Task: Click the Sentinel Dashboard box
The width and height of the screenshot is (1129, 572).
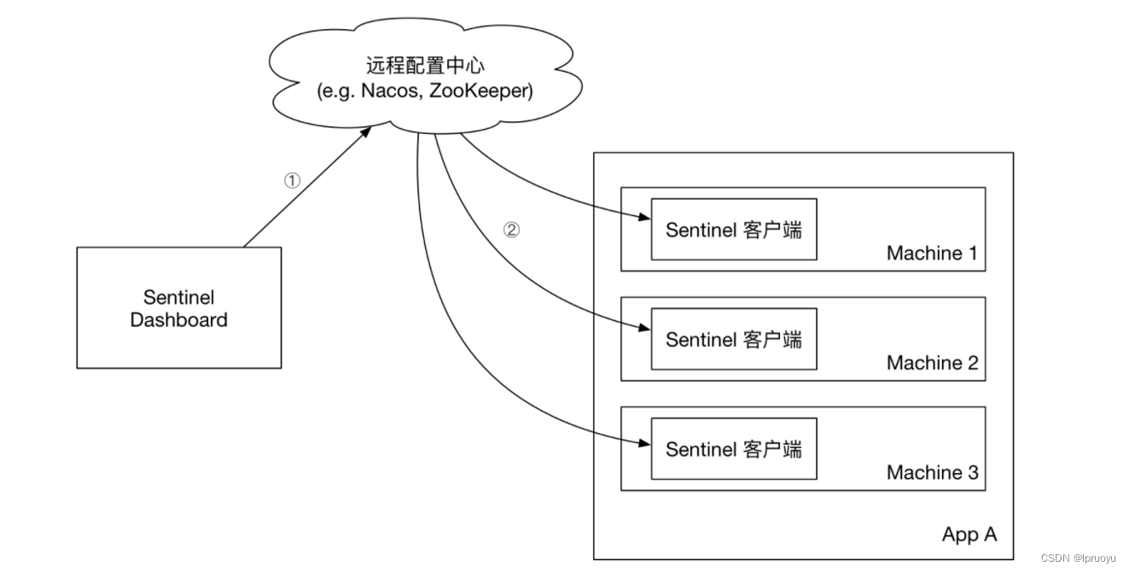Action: point(178,308)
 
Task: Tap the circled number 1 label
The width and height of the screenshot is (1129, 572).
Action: point(293,181)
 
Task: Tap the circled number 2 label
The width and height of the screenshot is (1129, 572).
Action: point(510,230)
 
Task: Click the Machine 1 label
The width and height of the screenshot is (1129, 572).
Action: point(932,254)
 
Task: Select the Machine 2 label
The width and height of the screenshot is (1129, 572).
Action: point(932,363)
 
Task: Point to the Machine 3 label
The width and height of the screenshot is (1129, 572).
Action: point(932,472)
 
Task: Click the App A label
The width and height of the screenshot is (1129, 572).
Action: point(969,534)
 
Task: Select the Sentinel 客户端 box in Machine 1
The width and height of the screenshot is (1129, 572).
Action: point(733,230)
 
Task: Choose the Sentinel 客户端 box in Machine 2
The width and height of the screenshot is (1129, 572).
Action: point(733,339)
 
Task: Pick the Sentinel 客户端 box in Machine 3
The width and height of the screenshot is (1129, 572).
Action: point(733,449)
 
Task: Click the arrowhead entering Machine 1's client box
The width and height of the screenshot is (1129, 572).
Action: point(645,218)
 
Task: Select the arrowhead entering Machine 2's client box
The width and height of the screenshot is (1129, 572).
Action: point(645,328)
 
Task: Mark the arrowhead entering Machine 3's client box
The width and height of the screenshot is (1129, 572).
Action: point(645,442)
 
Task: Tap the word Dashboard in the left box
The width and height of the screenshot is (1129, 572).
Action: point(178,320)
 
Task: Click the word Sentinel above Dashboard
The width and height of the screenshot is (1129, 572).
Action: point(178,298)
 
